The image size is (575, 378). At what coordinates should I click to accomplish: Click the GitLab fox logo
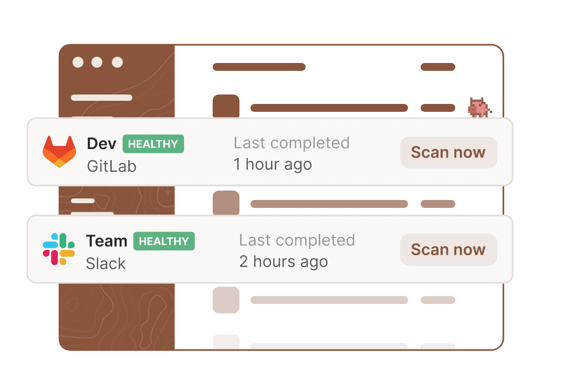click(x=59, y=152)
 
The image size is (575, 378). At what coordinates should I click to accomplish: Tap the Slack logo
click(x=59, y=249)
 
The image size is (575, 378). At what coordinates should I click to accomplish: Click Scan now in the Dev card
click(x=448, y=153)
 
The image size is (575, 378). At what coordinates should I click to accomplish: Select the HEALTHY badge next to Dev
click(x=153, y=144)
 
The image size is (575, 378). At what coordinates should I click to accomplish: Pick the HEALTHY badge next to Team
click(x=164, y=241)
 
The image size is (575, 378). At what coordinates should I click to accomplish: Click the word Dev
click(x=101, y=144)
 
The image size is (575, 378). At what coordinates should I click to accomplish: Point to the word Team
click(x=107, y=241)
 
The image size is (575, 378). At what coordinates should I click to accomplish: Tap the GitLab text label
click(x=112, y=166)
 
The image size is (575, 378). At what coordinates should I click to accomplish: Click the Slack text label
click(x=106, y=264)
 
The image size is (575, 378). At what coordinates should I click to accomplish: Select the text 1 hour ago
click(x=273, y=164)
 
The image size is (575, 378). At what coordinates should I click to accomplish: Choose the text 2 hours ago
click(x=284, y=261)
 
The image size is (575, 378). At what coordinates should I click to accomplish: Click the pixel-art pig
click(x=478, y=108)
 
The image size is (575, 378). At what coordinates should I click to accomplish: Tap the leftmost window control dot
click(x=78, y=62)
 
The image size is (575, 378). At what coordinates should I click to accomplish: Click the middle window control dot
click(x=97, y=62)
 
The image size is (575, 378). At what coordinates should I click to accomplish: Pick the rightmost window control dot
click(x=117, y=62)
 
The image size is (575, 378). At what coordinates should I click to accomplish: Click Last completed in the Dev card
click(x=291, y=143)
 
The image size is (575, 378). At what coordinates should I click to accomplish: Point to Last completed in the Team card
click(x=297, y=240)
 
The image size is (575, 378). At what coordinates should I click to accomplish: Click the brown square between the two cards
click(x=226, y=203)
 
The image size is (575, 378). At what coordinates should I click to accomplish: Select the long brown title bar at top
click(x=259, y=67)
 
